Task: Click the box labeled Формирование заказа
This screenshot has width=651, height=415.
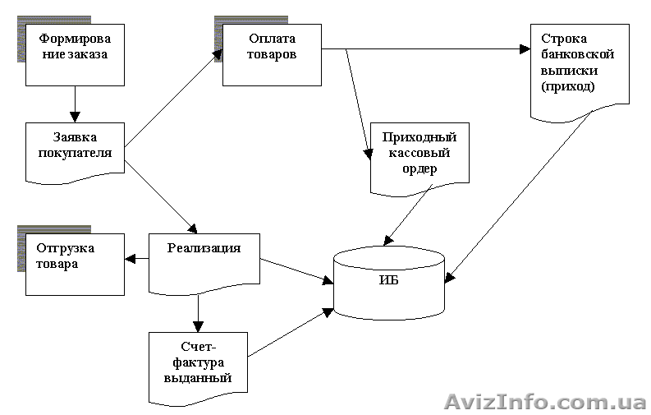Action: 75,54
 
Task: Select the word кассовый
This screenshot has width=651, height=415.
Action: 414,153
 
